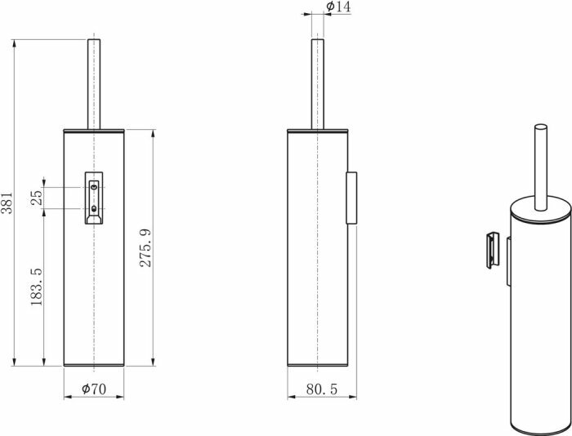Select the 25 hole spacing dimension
coord(36,198)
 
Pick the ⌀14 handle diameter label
coord(338,7)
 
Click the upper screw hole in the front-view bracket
coord(95,188)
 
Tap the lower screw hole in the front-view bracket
coord(95,210)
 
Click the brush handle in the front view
coord(95,82)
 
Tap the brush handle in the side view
coord(317,82)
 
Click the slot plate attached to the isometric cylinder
coord(507,260)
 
